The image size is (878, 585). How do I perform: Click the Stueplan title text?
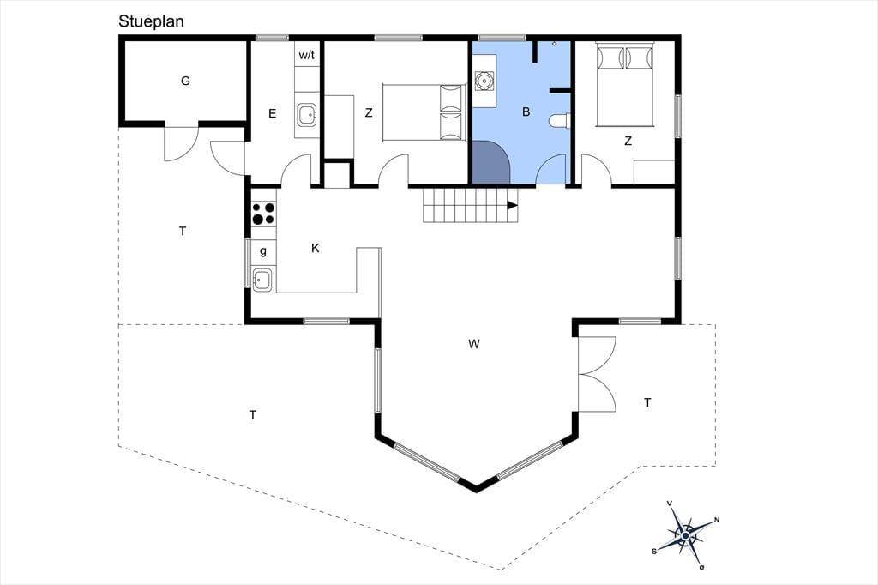tap(151, 21)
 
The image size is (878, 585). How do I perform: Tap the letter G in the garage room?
tap(185, 81)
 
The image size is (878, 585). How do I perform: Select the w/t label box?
tap(306, 55)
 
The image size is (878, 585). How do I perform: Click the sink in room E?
tap(307, 114)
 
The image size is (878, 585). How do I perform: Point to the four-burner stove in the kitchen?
tap(263, 214)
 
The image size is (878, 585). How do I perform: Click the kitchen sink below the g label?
tap(262, 280)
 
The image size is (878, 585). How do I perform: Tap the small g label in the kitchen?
tap(263, 251)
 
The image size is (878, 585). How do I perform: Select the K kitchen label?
tap(316, 248)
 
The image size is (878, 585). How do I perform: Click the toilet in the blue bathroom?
tap(559, 121)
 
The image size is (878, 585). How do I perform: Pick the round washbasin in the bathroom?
tap(484, 81)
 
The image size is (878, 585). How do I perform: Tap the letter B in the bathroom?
tap(526, 112)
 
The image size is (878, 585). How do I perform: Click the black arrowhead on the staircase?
tap(513, 205)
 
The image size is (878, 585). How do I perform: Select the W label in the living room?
tap(473, 344)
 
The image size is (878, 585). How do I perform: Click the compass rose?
tap(685, 535)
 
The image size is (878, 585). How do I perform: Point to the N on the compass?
tap(717, 520)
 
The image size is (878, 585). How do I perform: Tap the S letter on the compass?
tap(654, 552)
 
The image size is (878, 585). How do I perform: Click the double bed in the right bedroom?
tap(625, 84)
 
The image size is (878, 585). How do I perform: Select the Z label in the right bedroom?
tap(628, 142)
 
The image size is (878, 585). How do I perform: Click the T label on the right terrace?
tap(648, 402)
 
